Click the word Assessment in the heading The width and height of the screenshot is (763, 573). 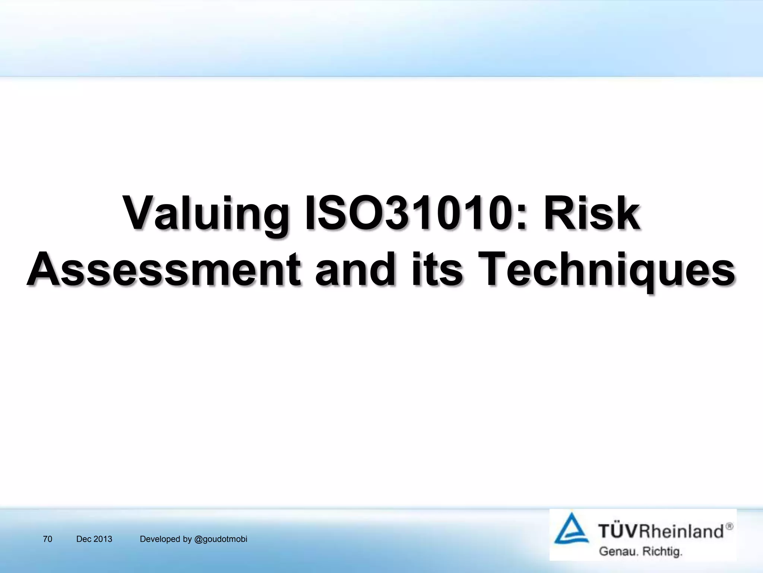(x=164, y=269)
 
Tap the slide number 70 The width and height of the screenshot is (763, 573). (x=48, y=539)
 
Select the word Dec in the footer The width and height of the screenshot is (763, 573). (x=83, y=539)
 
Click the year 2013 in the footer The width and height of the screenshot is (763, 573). (x=103, y=539)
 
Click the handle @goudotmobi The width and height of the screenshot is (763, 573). (x=221, y=539)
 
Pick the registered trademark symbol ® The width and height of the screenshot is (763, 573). (x=729, y=526)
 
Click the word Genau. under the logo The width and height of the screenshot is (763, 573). (x=618, y=551)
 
